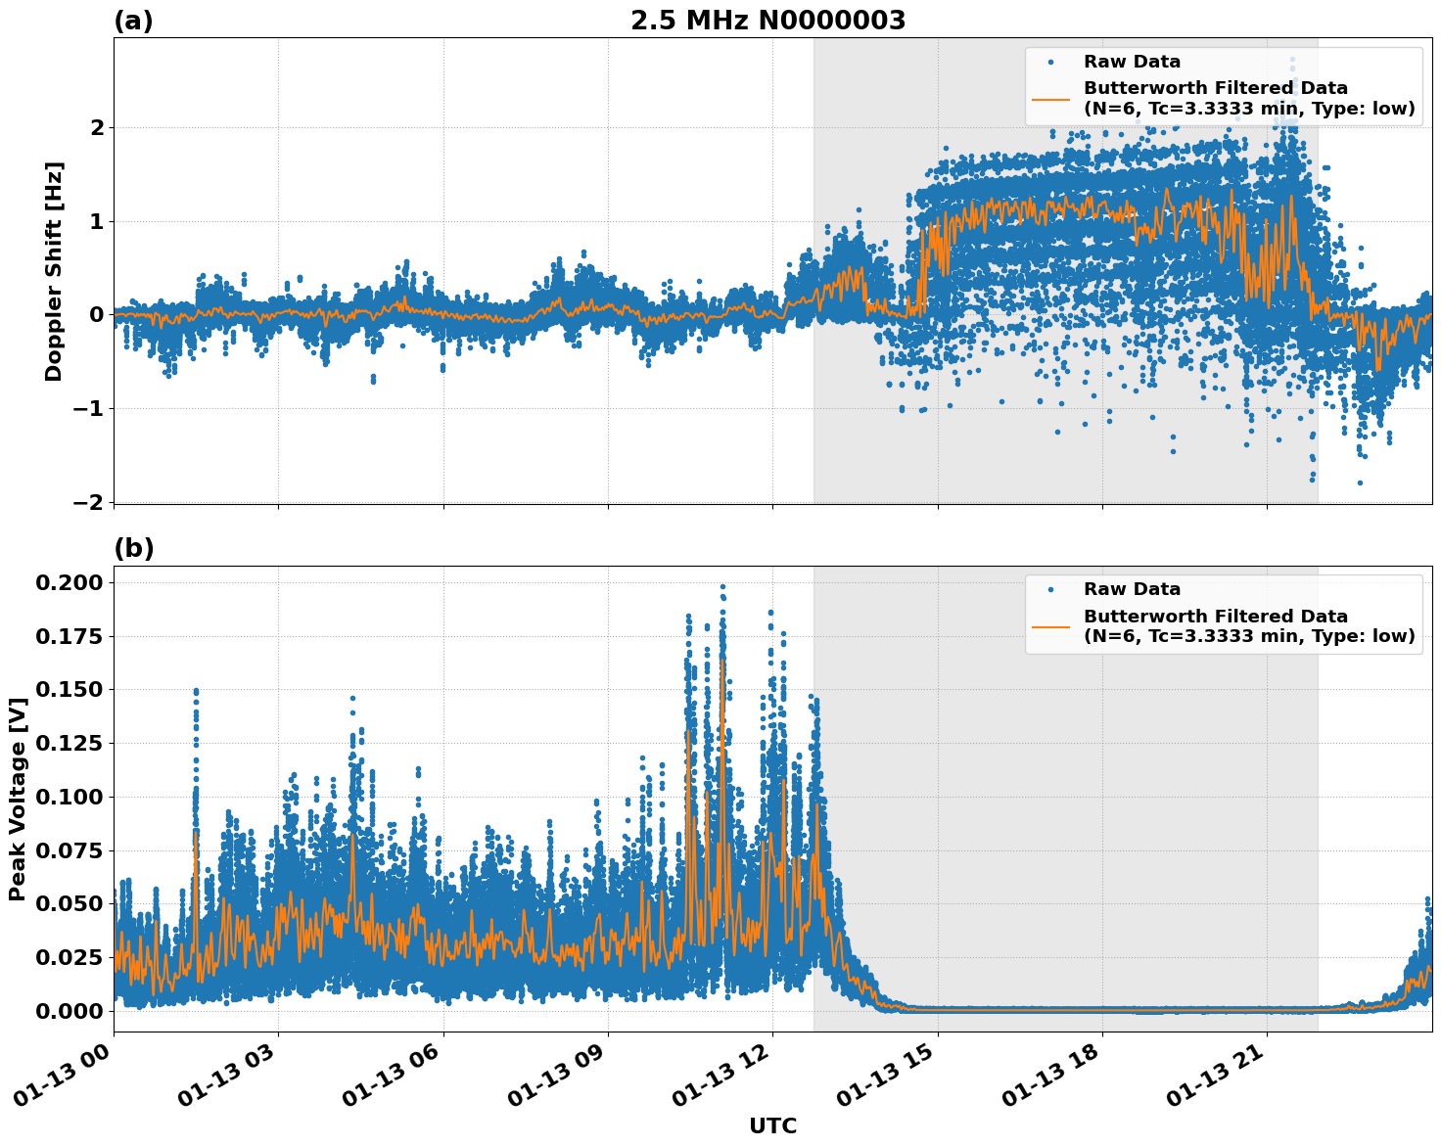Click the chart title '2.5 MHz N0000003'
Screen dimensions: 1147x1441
point(767,21)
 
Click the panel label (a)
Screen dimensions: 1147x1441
point(133,21)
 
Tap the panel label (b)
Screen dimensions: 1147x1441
point(133,548)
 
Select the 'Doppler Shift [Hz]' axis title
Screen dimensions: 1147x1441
point(54,271)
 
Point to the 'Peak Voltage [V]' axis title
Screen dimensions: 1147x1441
point(17,799)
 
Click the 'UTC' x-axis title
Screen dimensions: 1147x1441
point(772,1125)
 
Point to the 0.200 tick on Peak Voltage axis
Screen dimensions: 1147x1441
point(69,583)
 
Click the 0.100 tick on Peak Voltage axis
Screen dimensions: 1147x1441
point(69,797)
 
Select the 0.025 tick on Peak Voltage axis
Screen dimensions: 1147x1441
point(69,957)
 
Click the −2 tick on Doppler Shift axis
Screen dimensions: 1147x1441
point(88,502)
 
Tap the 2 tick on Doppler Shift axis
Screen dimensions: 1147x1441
point(97,127)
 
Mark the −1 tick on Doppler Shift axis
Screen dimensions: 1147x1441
point(88,408)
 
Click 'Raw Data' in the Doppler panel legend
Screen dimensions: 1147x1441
point(1132,62)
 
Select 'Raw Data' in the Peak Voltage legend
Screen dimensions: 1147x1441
point(1132,589)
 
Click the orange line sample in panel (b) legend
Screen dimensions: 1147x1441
point(1050,626)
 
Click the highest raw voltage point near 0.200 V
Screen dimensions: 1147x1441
point(722,586)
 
